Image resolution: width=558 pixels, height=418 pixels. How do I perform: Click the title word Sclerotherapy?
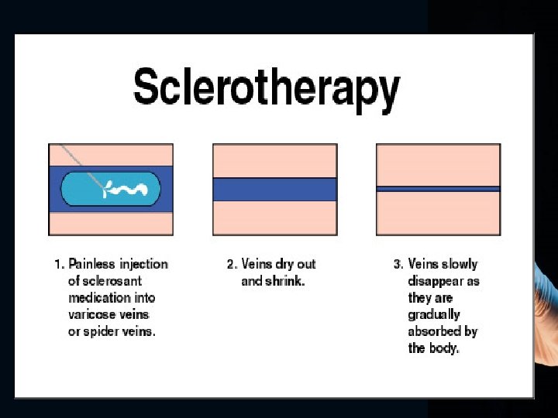pos(267,87)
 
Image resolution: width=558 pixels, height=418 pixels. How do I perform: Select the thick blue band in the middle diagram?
pos(274,189)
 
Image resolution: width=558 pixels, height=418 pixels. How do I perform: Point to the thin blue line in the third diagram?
pos(438,188)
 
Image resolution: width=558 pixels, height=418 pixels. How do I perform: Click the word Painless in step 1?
pos(93,264)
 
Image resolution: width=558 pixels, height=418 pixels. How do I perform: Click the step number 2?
pos(231,264)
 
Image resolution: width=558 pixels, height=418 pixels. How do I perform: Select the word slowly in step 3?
pos(460,264)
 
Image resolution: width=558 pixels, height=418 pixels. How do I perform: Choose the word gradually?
pos(434,315)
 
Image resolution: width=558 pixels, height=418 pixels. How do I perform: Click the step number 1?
pos(58,264)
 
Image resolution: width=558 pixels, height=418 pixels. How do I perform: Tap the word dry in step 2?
pos(285,264)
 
